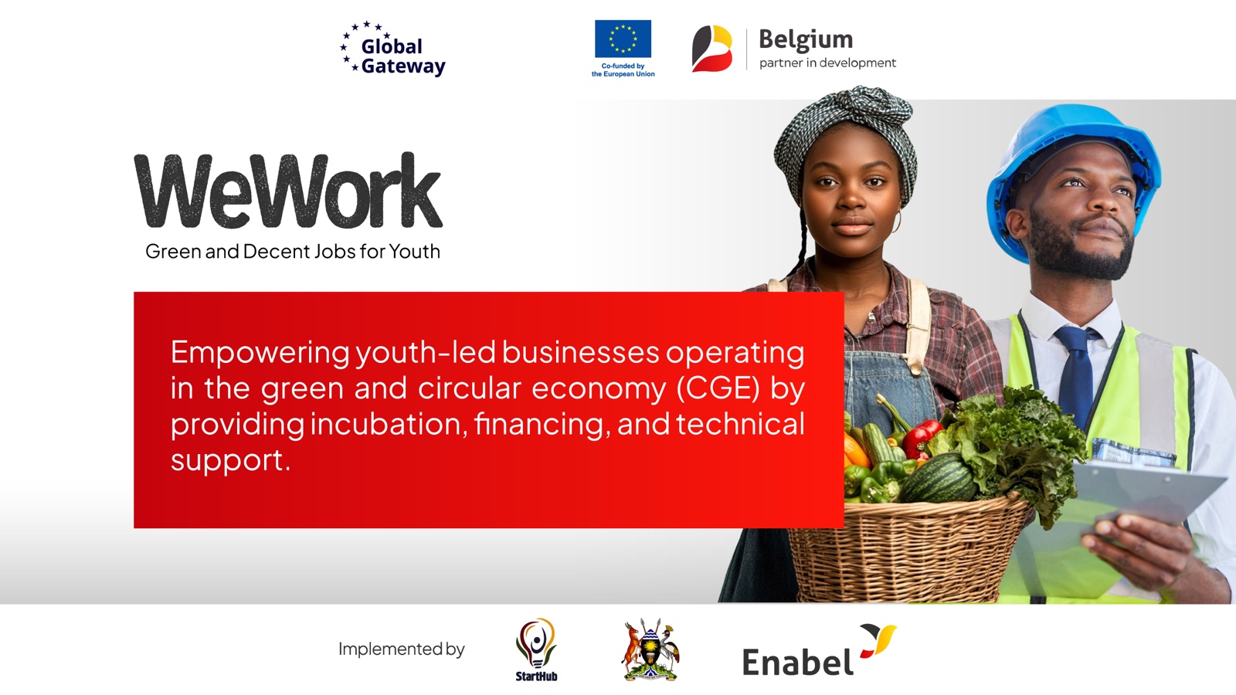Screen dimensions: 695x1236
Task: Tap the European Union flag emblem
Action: pos(623,39)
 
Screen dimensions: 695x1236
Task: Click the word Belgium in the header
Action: pos(806,39)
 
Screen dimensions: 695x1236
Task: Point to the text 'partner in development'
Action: pos(827,63)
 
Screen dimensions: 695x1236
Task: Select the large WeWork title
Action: pos(288,191)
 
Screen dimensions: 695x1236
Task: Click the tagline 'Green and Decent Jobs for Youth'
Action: pos(293,252)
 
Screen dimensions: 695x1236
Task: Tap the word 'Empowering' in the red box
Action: pos(260,353)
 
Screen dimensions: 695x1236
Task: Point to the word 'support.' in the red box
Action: pos(230,460)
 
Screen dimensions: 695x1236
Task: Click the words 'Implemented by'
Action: pos(401,649)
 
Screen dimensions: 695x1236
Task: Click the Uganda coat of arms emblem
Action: pos(650,650)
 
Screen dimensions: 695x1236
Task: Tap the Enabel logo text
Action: pos(797,663)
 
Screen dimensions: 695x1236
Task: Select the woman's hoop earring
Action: pos(897,222)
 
